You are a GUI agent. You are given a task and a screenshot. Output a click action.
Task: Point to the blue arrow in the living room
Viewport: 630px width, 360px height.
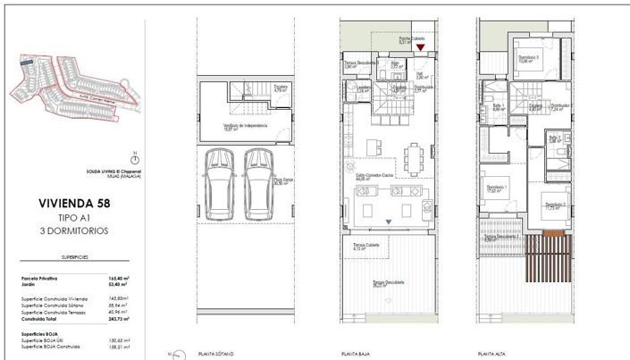[x=388, y=221]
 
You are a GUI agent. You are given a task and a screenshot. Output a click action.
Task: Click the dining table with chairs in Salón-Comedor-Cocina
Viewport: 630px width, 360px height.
[x=412, y=159]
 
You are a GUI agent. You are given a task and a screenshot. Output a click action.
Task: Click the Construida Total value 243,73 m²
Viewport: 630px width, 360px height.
[x=118, y=318]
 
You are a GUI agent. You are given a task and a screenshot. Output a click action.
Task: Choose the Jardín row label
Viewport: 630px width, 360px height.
[x=29, y=286]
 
